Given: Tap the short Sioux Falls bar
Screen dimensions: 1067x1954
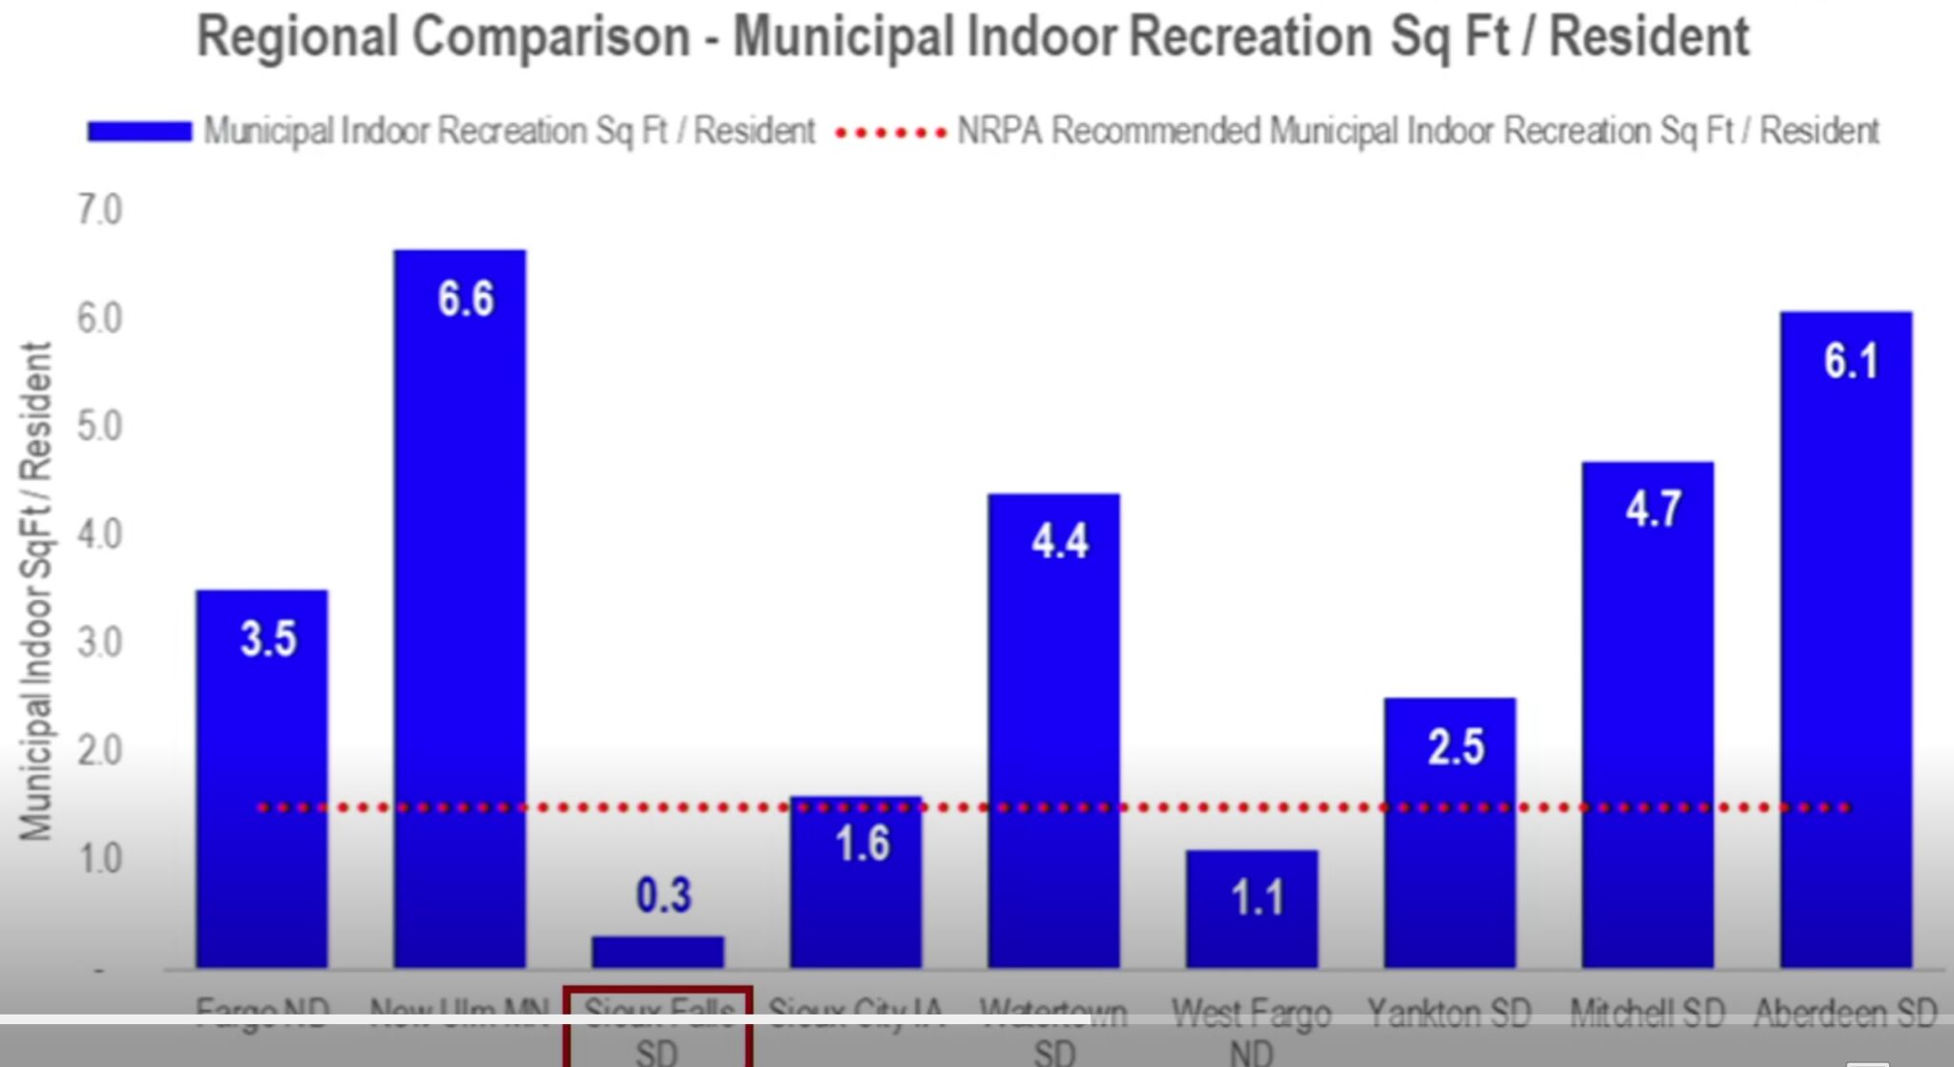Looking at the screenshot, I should pyautogui.click(x=657, y=952).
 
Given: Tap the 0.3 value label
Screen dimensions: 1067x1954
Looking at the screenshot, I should pyautogui.click(x=663, y=894).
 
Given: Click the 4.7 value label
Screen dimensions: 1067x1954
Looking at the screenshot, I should pyautogui.click(x=1653, y=508).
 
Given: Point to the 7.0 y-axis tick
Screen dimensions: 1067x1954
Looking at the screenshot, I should pyautogui.click(x=99, y=210).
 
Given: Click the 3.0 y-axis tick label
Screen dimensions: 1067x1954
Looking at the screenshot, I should pyautogui.click(x=99, y=642).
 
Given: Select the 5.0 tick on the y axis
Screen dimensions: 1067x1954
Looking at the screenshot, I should pyautogui.click(x=99, y=426).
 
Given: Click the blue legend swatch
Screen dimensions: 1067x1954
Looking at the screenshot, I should pyautogui.click(x=139, y=132).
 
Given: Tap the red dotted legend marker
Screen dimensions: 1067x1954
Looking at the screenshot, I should pyautogui.click(x=889, y=133).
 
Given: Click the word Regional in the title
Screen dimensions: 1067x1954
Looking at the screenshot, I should pyautogui.click(x=297, y=37).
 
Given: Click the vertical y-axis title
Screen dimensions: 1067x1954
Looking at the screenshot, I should pyautogui.click(x=36, y=592).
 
